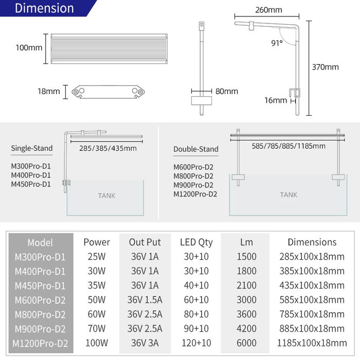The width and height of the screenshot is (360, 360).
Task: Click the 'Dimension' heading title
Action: pyautogui.click(x=44, y=8)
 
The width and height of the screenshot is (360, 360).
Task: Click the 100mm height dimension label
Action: pyautogui.click(x=29, y=48)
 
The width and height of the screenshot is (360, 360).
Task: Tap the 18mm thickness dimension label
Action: pyautogui.click(x=49, y=92)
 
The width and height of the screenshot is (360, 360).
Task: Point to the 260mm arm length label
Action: pyautogui.click(x=268, y=10)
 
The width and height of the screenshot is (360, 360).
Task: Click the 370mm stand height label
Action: pyautogui.click(x=326, y=67)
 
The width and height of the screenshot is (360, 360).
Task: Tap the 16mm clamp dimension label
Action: pyautogui.click(x=276, y=100)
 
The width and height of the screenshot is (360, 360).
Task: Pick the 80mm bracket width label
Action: pyautogui.click(x=226, y=92)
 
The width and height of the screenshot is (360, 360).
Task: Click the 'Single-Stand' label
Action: pyautogui.click(x=32, y=149)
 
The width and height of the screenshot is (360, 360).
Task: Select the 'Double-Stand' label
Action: pyautogui.click(x=196, y=149)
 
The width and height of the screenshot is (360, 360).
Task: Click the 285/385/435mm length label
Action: pyautogui.click(x=108, y=149)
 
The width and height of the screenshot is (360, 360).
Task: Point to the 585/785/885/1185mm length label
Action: pyautogui.click(x=289, y=146)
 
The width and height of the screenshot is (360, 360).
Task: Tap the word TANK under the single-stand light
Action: pyautogui.click(x=106, y=196)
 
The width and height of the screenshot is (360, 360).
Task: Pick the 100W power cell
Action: pyautogui.click(x=97, y=343)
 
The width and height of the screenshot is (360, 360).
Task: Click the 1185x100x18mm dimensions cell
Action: pyautogui.click(x=312, y=343)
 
